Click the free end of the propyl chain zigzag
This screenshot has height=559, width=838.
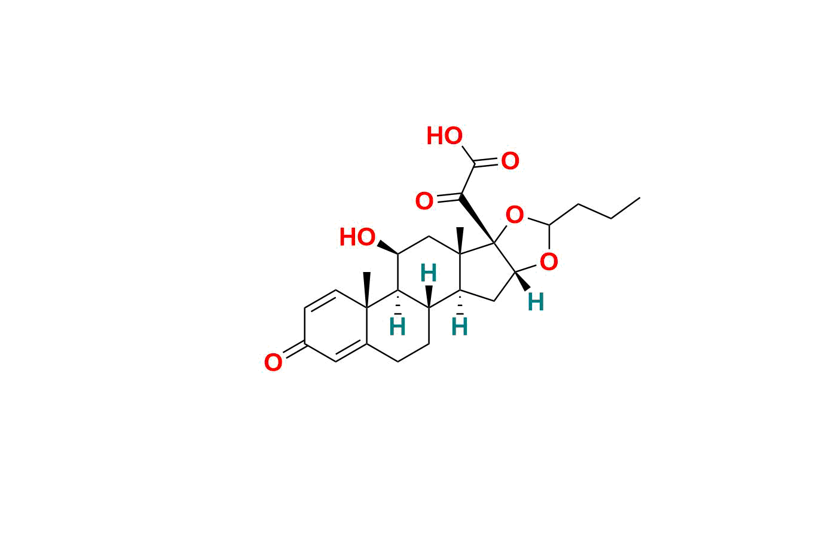pos(640,197)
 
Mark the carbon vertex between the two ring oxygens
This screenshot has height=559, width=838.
pos(549,225)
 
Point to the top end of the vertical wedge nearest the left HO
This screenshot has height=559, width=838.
pos(367,273)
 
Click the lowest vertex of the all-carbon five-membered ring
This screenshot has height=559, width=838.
pos(494,301)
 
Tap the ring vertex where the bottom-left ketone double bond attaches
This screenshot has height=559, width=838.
pos(304,344)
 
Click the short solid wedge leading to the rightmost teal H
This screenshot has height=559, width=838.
pos(522,281)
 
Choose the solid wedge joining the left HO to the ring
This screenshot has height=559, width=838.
pos(387,248)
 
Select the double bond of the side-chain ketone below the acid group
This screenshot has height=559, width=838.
pos(449,198)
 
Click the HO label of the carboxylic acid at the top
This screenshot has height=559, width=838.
pos(445,136)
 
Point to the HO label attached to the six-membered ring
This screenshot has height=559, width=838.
pos(357,237)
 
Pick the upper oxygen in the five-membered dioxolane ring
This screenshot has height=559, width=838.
pos(515,215)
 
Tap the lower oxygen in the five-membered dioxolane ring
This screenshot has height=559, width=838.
pos(549,261)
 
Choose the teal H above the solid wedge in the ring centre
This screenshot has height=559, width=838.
pos(429,273)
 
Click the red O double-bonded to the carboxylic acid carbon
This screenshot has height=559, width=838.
pos(510,161)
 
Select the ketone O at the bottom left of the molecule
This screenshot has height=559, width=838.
pos(273,362)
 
